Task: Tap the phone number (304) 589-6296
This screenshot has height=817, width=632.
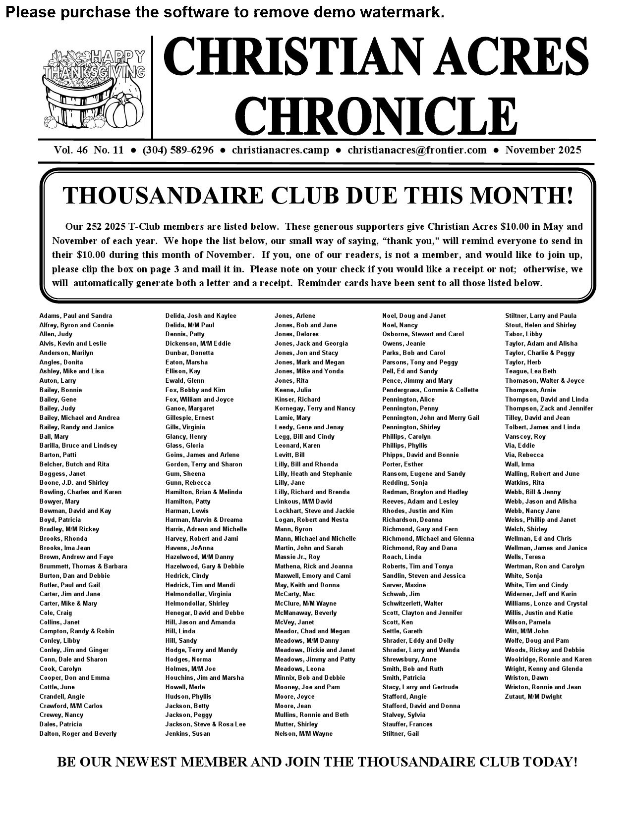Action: coord(178,150)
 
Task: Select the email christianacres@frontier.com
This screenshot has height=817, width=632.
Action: coord(417,150)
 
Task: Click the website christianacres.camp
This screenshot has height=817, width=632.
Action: coord(280,150)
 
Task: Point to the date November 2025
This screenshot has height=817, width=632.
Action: coord(543,150)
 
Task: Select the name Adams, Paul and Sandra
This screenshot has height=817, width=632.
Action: coord(75,316)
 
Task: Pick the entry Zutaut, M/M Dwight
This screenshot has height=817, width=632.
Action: coord(533,697)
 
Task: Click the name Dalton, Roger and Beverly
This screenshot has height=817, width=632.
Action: coord(78,734)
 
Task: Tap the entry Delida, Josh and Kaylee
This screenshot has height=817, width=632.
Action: coord(201,316)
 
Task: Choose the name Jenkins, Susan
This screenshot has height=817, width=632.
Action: coord(187,734)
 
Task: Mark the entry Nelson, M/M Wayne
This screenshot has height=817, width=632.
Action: coord(303,734)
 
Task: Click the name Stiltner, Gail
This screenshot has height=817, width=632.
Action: coord(400,734)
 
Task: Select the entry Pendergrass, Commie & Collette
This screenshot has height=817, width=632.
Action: coord(430,390)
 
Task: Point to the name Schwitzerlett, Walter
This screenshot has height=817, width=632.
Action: coord(412,604)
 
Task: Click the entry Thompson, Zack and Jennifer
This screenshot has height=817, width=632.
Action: coord(549,408)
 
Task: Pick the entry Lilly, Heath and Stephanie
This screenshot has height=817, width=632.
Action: coord(313,474)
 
